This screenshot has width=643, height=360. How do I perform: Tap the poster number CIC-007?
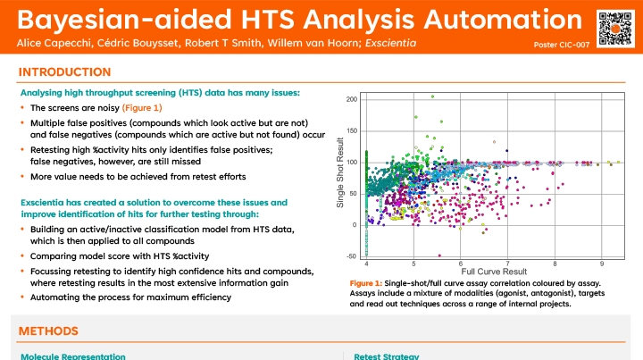tap(558, 45)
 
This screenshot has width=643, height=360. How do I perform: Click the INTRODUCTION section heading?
tap(65, 72)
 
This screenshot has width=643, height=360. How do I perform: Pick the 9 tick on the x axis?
tap(601, 264)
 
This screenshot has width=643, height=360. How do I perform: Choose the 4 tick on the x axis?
tap(367, 264)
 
